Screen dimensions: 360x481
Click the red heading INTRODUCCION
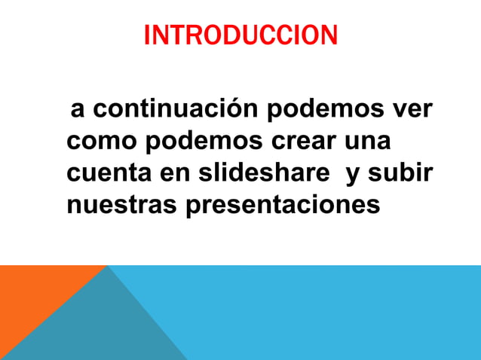pyautogui.click(x=240, y=35)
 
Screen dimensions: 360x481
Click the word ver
pyautogui.click(x=412, y=111)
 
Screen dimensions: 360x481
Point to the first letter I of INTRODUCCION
pyautogui.click(x=146, y=35)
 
